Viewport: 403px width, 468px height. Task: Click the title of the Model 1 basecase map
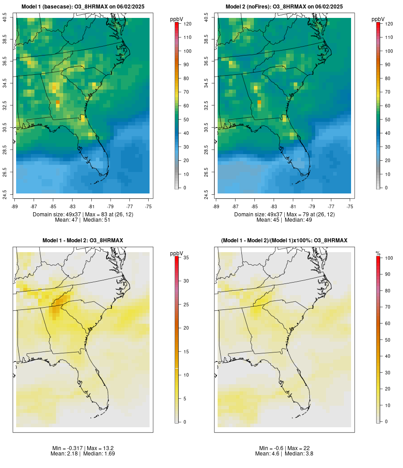tap(83, 7)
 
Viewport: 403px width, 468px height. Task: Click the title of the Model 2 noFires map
tap(284, 7)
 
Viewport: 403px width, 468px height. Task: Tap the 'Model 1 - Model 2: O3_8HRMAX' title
tap(83, 240)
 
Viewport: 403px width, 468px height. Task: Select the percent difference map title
tap(284, 240)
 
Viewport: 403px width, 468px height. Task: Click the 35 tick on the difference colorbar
tap(185, 258)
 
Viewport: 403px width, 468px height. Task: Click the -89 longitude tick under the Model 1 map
tap(16, 206)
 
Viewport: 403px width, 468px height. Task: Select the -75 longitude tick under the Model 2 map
tap(350, 206)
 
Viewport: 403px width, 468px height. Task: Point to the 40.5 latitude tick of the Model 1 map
tap(5, 18)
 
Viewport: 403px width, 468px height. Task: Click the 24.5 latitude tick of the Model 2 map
tap(206, 193)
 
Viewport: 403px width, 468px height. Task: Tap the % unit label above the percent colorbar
tap(378, 253)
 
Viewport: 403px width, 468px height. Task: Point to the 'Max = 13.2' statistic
tap(96, 448)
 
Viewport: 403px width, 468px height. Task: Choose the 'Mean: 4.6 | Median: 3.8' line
tap(284, 454)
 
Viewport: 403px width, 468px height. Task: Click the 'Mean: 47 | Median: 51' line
tap(83, 220)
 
